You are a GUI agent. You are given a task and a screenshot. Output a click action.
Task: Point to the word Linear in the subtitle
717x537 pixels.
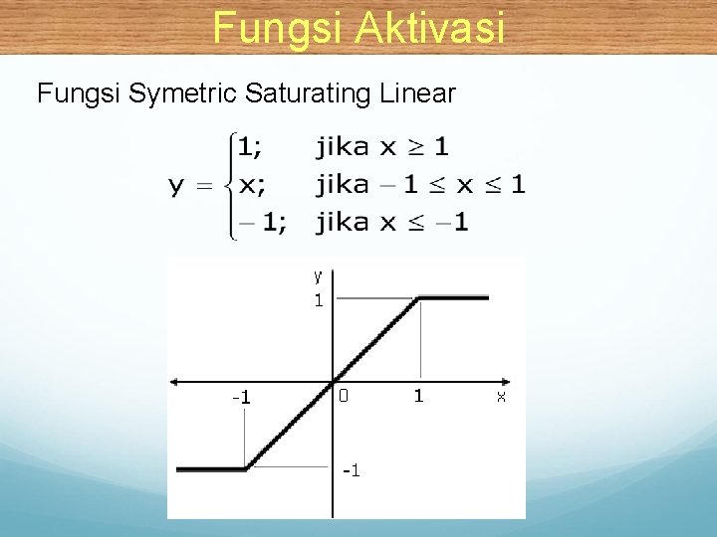(417, 94)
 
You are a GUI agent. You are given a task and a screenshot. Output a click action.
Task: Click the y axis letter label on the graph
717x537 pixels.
(318, 275)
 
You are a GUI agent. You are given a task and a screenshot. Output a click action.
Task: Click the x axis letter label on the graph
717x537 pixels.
(501, 396)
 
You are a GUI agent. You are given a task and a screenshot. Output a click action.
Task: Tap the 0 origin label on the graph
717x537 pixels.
(344, 396)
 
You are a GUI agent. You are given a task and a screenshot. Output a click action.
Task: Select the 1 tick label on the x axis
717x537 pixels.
(419, 396)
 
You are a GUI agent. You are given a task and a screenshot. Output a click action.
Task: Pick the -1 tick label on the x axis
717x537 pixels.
(241, 398)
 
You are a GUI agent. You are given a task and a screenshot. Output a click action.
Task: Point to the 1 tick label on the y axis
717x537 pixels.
(319, 300)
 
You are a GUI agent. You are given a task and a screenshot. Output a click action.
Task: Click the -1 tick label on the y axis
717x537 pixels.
(351, 469)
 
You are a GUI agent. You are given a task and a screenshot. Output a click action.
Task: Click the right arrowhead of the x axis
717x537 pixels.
(508, 382)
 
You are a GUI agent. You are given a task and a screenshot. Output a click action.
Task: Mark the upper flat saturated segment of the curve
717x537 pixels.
(454, 297)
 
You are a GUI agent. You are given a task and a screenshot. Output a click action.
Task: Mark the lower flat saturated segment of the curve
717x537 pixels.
(210, 468)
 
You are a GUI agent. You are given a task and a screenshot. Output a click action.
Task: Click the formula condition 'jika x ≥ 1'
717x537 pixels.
(382, 148)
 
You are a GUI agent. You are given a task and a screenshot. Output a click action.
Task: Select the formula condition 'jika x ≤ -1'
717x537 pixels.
(391, 222)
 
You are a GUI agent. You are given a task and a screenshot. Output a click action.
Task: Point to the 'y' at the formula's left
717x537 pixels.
(176, 186)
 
